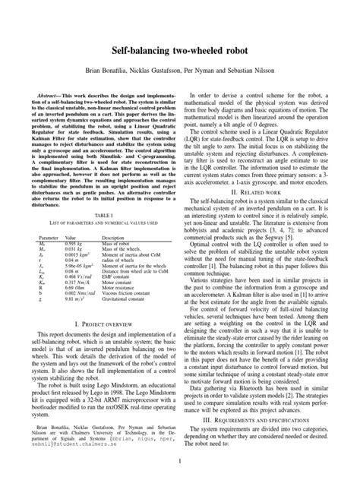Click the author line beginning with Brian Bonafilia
tap(180, 47)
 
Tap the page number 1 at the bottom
tap(180, 461)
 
